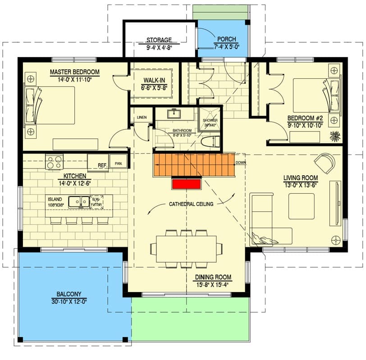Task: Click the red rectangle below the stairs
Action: (185, 184)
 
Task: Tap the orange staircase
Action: (194, 165)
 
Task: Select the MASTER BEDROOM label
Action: (74, 72)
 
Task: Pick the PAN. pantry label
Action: (119, 164)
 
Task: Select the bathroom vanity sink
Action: (173, 114)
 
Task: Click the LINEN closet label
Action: (141, 118)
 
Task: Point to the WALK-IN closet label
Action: (154, 80)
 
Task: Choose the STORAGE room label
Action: (159, 40)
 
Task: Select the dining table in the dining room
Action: (186, 248)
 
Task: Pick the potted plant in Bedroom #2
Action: (334, 136)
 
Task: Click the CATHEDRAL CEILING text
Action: (191, 204)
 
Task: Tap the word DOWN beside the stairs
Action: (240, 163)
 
